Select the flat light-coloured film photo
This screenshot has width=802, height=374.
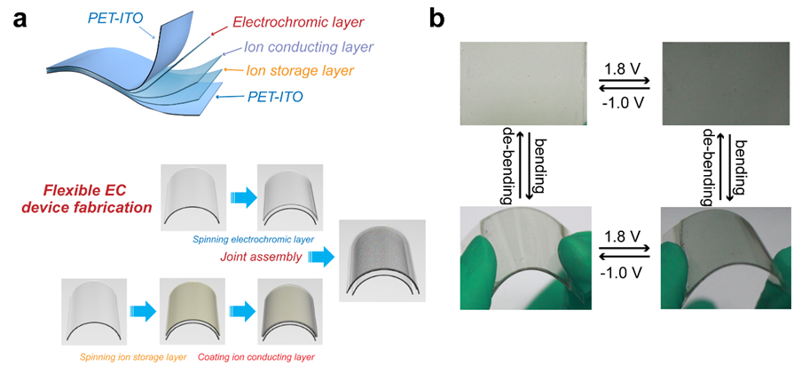tap(523, 84)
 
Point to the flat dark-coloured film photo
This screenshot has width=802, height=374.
tap(723, 84)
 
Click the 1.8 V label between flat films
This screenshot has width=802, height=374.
tap(625, 68)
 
